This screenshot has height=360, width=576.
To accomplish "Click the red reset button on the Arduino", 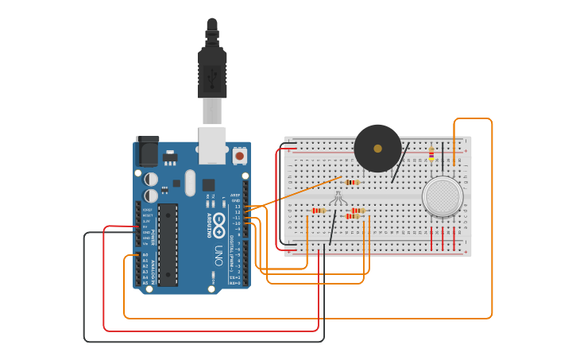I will [x=239, y=157].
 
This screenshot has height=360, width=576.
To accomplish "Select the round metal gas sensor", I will [x=443, y=195].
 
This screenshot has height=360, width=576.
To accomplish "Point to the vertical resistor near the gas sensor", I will [x=431, y=154].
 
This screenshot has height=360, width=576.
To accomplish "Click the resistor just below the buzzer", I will [x=352, y=182].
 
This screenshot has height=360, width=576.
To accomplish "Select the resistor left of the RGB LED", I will [x=319, y=211].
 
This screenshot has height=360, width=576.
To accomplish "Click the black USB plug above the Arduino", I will [x=212, y=72].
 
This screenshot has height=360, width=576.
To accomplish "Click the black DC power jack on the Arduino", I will [x=147, y=151].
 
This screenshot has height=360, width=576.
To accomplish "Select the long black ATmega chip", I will [x=168, y=244].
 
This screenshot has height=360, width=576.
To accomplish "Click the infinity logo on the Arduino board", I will [x=218, y=221].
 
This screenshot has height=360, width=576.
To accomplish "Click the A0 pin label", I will [x=145, y=255].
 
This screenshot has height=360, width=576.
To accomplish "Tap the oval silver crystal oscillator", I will [x=190, y=183].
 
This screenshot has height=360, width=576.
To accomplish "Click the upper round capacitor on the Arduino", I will [x=151, y=180].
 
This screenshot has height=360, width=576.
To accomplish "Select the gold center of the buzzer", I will [x=377, y=149].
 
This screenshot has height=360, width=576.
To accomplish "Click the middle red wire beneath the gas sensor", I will [x=443, y=238].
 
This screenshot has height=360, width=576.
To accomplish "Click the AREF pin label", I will [x=235, y=195].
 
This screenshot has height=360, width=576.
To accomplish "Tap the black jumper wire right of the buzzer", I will [x=400, y=163].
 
